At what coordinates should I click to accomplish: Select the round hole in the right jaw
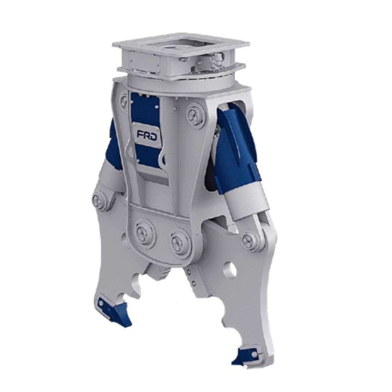[230, 270]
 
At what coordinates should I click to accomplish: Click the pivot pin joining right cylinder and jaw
[250, 240]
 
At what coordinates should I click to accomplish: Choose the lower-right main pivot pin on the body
[180, 243]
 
